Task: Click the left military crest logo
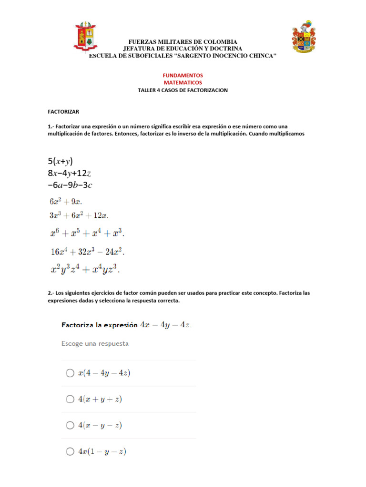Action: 85,36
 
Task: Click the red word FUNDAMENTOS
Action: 183,75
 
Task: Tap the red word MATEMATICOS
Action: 183,82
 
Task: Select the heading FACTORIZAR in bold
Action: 63,112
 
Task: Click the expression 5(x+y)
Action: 61,161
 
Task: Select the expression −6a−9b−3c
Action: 70,185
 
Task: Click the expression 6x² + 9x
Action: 69,202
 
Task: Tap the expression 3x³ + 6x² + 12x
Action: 79,215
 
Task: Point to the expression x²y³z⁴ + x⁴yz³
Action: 85,269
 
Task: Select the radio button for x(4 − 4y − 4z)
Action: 70,373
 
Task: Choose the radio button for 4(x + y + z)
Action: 70,399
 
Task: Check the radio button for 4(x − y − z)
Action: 70,425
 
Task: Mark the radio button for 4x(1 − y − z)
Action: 70,451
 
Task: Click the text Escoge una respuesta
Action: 95,343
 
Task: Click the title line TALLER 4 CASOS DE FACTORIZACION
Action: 183,90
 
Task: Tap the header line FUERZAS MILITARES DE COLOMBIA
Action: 183,42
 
